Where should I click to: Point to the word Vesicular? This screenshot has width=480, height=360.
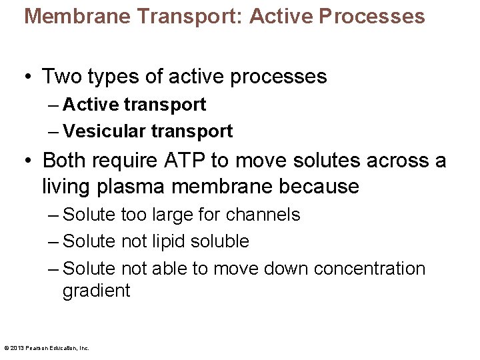click(x=103, y=131)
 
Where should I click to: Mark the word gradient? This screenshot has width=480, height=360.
click(x=96, y=291)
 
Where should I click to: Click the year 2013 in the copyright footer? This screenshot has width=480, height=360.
click(x=16, y=347)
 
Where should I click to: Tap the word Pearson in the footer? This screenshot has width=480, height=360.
click(x=36, y=347)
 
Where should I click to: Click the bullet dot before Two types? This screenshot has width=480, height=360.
click(x=29, y=77)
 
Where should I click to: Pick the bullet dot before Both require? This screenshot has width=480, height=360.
click(x=29, y=161)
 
